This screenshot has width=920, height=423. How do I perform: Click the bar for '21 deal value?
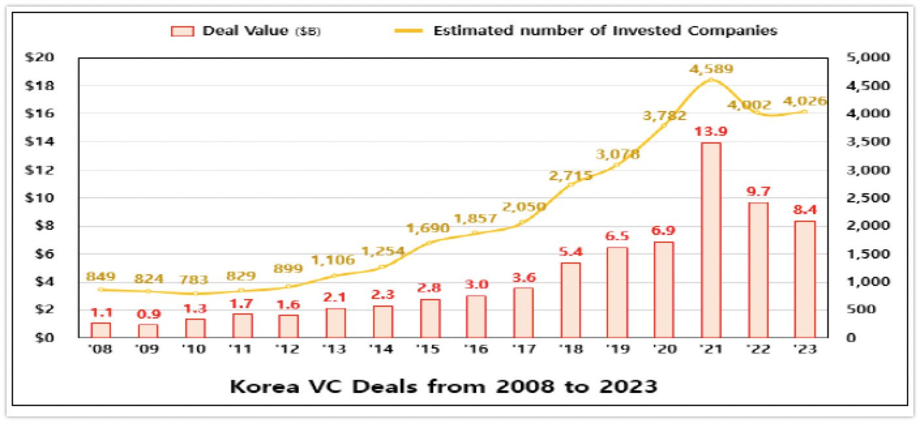[x=711, y=240]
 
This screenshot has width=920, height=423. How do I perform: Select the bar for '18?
[x=571, y=300]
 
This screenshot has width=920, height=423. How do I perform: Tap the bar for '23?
[x=805, y=279]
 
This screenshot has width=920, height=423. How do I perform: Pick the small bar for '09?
[x=147, y=330]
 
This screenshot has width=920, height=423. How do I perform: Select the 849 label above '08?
[x=100, y=277]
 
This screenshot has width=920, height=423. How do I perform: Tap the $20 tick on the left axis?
[x=40, y=57]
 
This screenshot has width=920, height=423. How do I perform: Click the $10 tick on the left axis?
[x=40, y=198]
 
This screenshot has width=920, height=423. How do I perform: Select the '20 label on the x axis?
[x=664, y=349]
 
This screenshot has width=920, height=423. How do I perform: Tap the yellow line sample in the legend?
[x=408, y=31]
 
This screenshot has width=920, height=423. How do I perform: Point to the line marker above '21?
[x=711, y=80]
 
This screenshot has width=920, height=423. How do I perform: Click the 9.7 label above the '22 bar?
[x=758, y=192]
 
